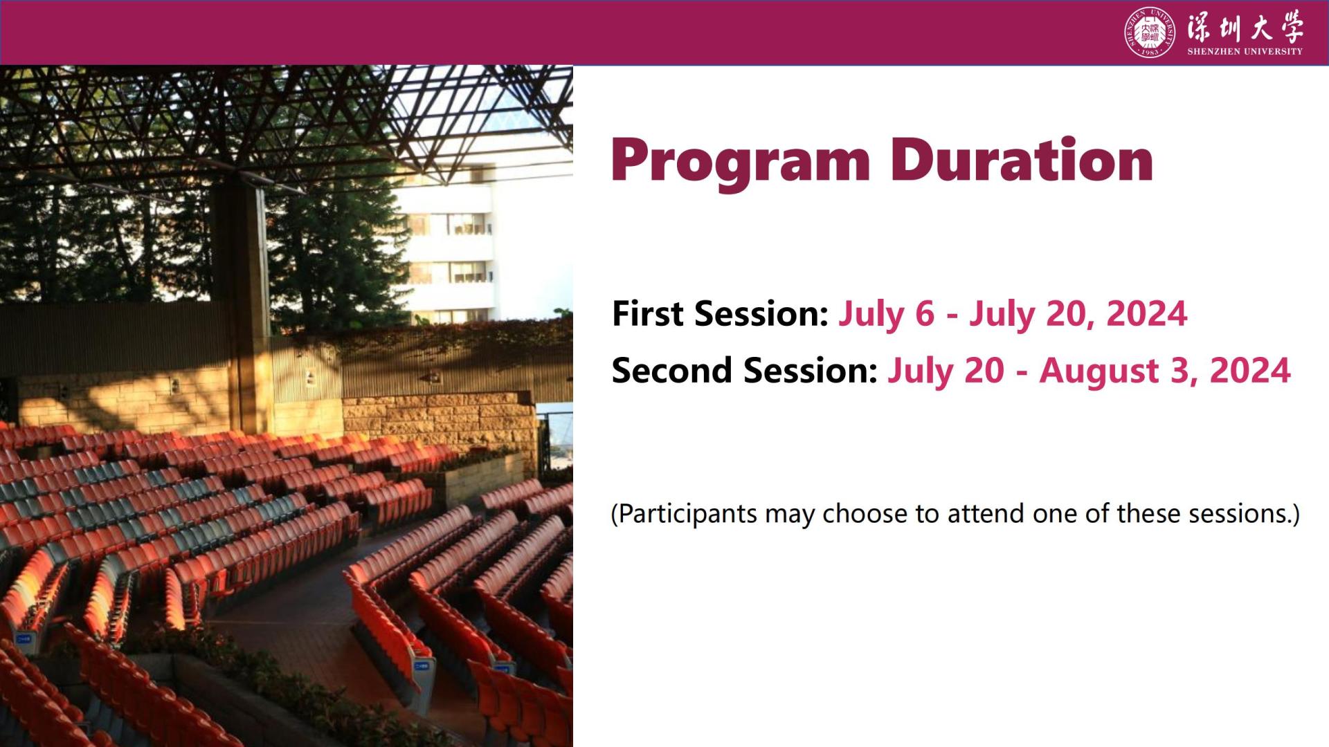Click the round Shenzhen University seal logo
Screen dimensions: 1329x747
[1150, 33]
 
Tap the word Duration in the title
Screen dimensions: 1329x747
[1021, 160]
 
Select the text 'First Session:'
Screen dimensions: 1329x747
[720, 314]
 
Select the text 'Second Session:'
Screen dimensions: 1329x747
[745, 371]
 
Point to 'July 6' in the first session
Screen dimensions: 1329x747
[886, 315]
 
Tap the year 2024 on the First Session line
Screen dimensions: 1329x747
[1147, 314]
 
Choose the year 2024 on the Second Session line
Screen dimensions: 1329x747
[1250, 371]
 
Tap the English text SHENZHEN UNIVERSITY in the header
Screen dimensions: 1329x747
[1245, 51]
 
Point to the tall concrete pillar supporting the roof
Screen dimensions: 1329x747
[239, 304]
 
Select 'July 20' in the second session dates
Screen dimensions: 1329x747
[946, 371]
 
